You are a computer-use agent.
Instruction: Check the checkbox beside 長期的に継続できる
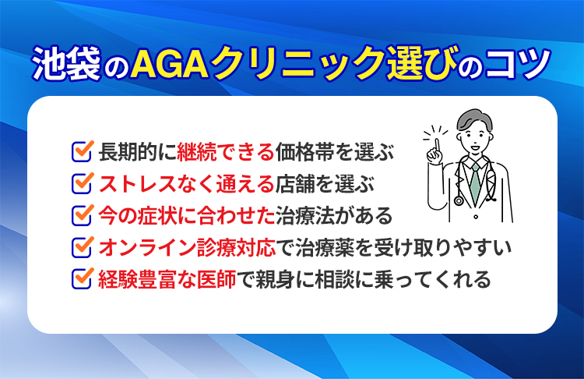[82, 151]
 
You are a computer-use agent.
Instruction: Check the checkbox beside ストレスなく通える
[82, 183]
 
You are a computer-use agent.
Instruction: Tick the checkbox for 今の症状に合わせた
[82, 214]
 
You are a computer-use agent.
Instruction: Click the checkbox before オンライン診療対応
[82, 247]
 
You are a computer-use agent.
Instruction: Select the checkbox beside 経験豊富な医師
[82, 278]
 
